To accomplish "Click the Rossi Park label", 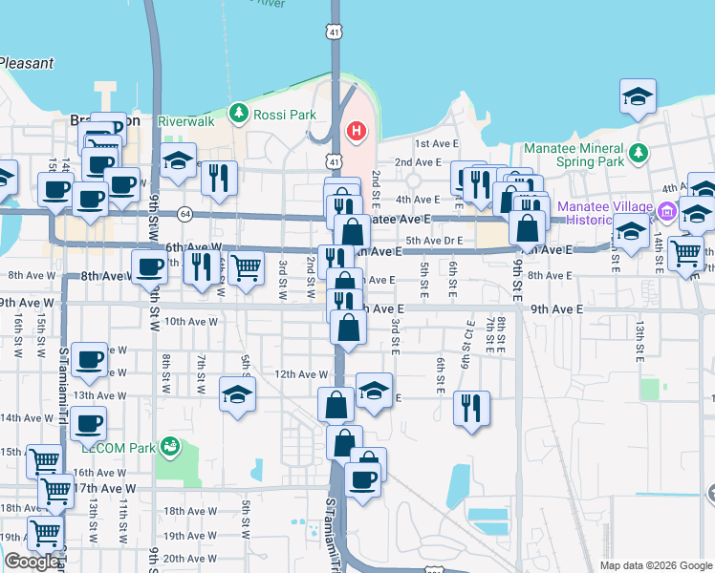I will click(285, 115).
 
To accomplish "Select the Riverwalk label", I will click(184, 122).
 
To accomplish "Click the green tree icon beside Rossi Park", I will click(238, 114).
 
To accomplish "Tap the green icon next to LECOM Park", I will click(170, 446).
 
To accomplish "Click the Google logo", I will click(32, 562).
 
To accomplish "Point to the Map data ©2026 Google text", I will click(656, 565).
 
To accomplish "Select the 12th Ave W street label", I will click(301, 374).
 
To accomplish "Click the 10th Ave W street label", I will click(192, 322).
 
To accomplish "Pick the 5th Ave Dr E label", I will click(434, 240).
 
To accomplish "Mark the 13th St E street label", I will click(639, 342).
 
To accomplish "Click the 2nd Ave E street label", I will click(417, 162).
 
